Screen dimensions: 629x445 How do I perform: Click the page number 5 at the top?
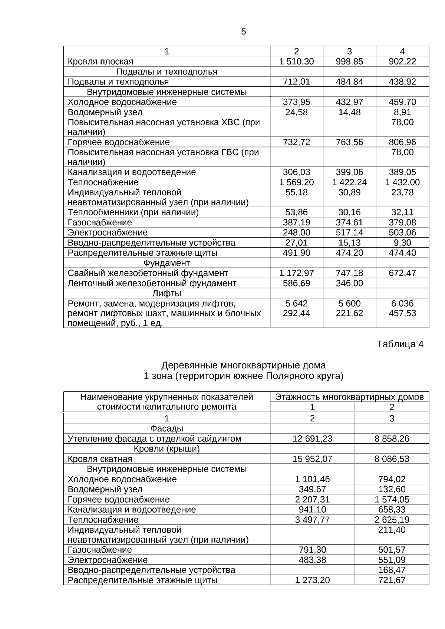pos(243,32)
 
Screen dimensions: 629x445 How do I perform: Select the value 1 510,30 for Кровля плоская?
pos(296,62)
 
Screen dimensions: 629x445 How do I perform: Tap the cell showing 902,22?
pos(402,62)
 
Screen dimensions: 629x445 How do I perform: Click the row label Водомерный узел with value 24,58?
pos(105,112)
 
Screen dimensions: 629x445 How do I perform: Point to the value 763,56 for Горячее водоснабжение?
pos(349,142)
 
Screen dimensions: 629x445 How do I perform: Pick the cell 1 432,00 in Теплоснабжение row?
pos(402,182)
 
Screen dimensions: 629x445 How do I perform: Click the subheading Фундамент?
pos(167,263)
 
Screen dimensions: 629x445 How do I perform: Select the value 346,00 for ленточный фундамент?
pos(349,284)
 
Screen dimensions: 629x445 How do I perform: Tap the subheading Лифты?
pos(167,294)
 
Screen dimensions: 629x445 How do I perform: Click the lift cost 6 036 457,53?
pos(402,308)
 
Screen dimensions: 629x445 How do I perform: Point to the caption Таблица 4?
pos(400,344)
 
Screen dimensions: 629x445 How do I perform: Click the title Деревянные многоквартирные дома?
pos(243,365)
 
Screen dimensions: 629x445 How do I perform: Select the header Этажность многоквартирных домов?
pos(349,397)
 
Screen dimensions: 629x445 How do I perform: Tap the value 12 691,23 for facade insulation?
pos(312,439)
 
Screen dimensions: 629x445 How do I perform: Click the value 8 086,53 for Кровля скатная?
pos(392,459)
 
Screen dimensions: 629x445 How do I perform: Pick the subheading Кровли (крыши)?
pos(167,449)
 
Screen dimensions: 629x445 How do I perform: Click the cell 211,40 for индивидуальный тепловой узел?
pos(392,530)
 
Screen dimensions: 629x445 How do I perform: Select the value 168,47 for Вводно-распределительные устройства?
pos(392,570)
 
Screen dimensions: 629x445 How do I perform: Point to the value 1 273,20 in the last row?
pos(312,580)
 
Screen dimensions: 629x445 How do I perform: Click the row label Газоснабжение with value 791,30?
pos(100,550)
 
